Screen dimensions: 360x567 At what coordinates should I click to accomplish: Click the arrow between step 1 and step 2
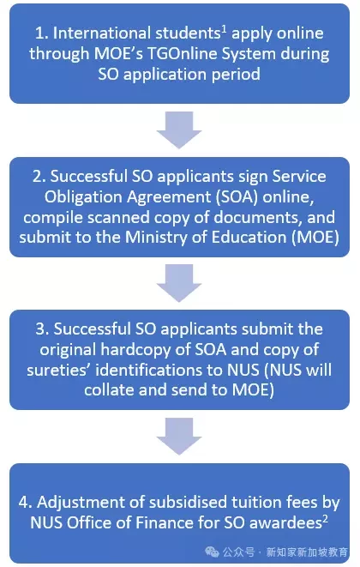pos(179,130)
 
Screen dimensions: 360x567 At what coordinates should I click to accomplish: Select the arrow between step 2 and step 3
pos(179,283)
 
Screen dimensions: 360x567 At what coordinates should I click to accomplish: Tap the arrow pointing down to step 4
pos(179,437)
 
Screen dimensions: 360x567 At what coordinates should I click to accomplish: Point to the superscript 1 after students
pos(224,29)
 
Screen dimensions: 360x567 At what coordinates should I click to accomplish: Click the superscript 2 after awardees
pos(326,519)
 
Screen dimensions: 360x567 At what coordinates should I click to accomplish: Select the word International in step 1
pos(102,33)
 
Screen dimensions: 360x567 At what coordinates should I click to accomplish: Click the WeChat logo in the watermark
pos(213,552)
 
